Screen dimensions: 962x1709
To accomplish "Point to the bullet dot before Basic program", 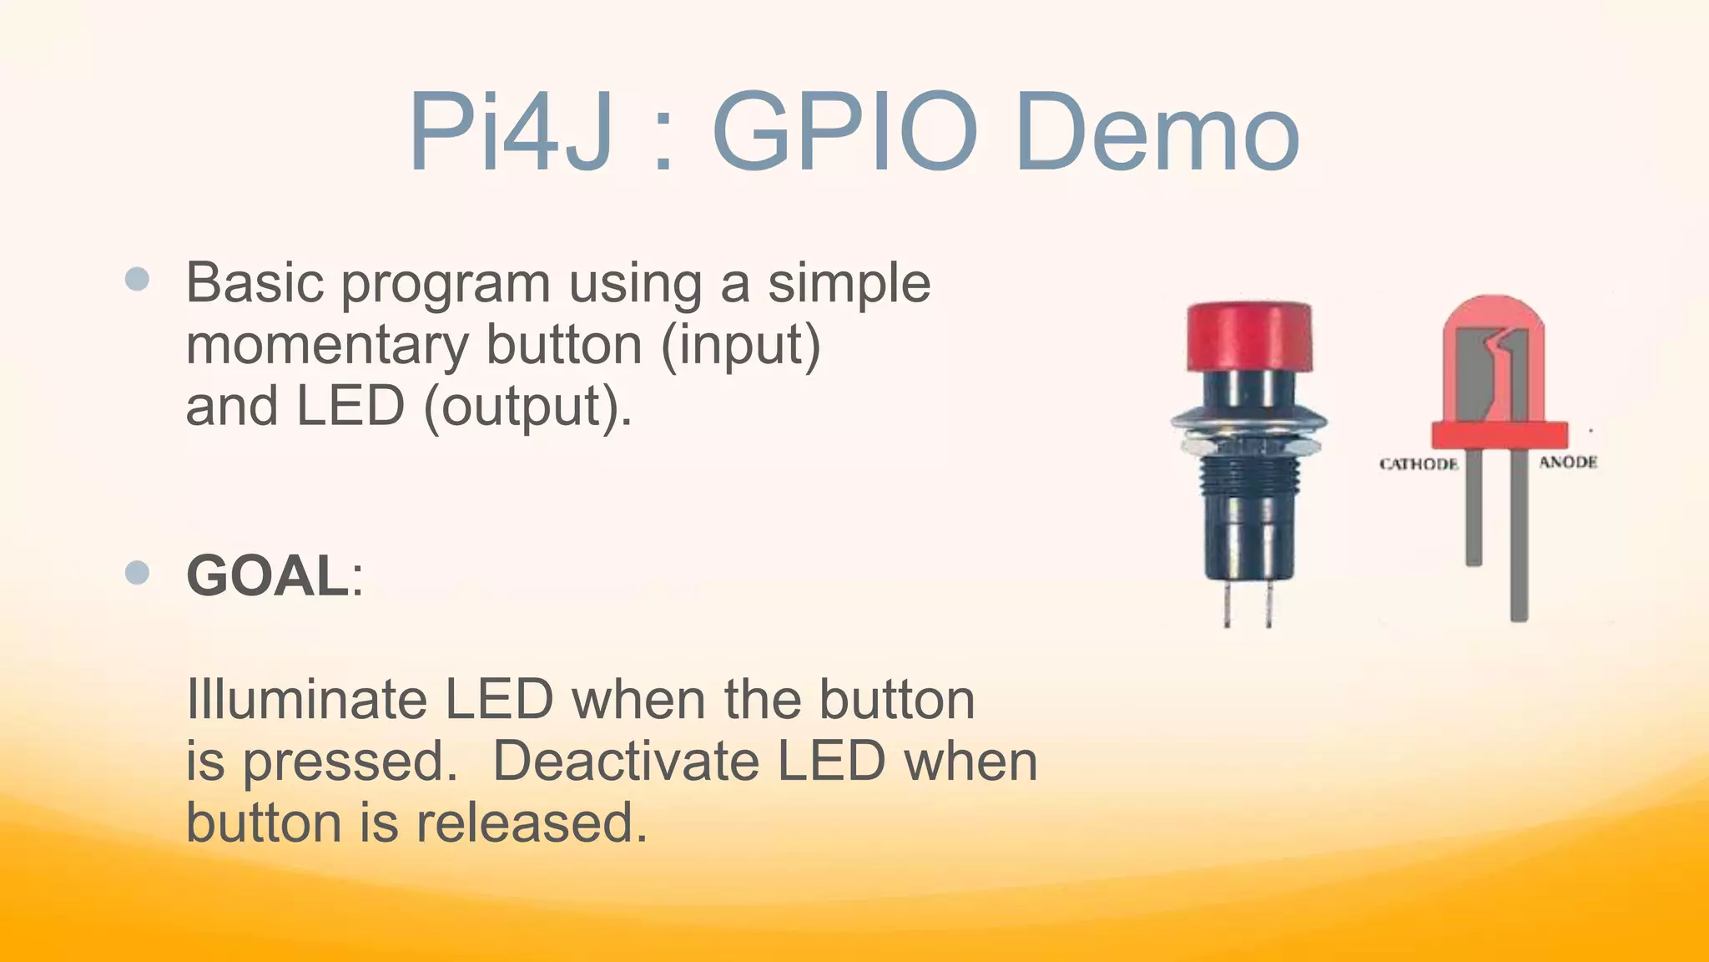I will point(137,279).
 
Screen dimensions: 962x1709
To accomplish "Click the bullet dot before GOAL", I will point(137,573).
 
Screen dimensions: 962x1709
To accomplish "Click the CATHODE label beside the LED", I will point(1419,464).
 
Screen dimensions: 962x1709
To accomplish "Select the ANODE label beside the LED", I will point(1568,462).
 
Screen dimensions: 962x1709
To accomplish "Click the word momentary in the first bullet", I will point(327,345).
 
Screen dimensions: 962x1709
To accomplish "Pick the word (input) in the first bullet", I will point(741,345).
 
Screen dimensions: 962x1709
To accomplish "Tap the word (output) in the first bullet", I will point(527,407).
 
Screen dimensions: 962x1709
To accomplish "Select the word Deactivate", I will point(626,761).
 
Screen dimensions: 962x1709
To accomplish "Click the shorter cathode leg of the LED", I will point(1474,509).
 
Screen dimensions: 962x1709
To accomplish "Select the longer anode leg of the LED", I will point(1519,543).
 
